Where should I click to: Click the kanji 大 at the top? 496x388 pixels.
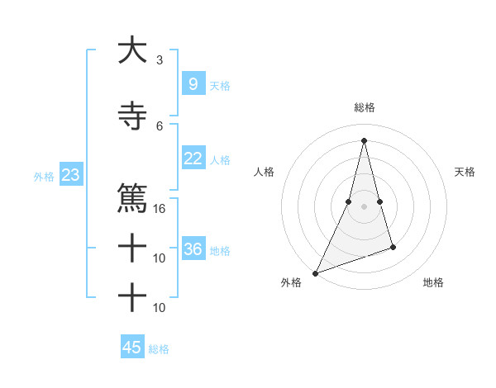click(x=132, y=51)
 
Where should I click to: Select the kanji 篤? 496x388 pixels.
click(x=132, y=198)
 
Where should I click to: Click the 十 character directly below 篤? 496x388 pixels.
click(x=132, y=247)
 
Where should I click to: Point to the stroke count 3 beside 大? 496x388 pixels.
click(x=160, y=59)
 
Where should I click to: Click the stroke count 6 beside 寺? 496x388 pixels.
click(x=160, y=125)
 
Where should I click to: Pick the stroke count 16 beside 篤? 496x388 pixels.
click(x=160, y=208)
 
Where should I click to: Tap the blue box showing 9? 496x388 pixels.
click(x=193, y=84)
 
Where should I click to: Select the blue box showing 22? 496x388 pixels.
click(x=193, y=159)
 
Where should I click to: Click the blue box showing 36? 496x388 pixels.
click(x=193, y=249)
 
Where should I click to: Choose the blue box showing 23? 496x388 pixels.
click(x=70, y=175)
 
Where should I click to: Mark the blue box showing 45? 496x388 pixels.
click(x=131, y=348)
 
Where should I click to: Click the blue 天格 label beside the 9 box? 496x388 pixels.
click(x=220, y=86)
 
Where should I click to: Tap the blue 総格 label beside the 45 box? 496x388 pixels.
click(x=159, y=349)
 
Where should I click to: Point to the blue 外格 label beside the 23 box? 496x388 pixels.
click(x=44, y=177)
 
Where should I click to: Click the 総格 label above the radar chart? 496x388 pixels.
click(x=364, y=107)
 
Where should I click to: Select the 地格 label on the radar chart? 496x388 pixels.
click(x=433, y=282)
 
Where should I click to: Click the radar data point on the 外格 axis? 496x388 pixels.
click(x=315, y=272)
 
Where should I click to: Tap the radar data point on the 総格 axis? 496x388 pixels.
click(x=364, y=140)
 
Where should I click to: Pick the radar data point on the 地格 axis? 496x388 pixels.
click(x=393, y=247)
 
